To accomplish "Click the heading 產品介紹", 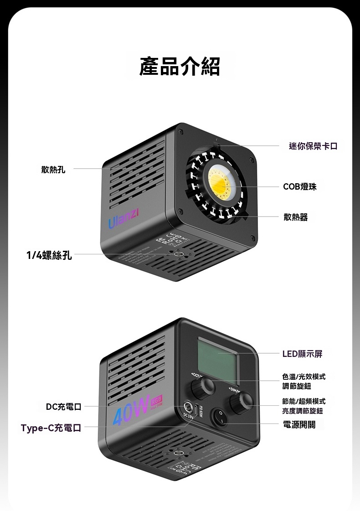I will [x=180, y=67].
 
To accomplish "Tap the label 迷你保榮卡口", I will [x=314, y=146].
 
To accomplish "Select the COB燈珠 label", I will [x=299, y=186].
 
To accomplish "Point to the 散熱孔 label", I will [x=53, y=170].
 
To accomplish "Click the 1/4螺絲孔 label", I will [x=49, y=255].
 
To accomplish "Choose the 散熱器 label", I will [x=295, y=217].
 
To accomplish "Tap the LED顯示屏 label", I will [x=302, y=354].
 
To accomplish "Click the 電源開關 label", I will [x=299, y=424].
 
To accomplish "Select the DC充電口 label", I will [x=63, y=406].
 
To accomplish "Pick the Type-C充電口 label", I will [x=51, y=428].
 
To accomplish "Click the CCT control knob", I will [x=201, y=388].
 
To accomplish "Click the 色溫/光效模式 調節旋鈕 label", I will [x=303, y=381].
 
